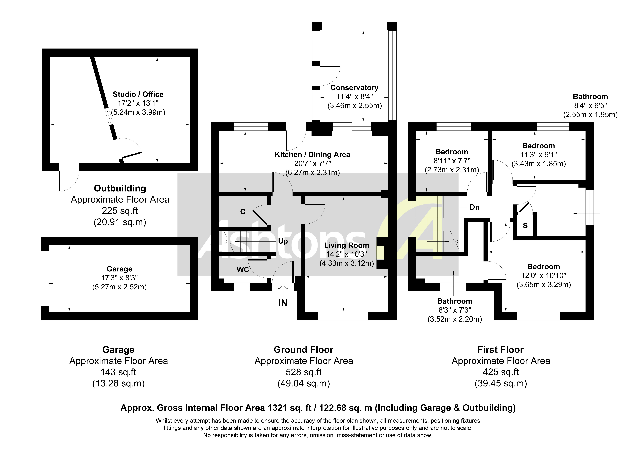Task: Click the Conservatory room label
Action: [x=354, y=88]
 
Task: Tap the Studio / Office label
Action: [x=138, y=94]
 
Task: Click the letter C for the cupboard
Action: [x=243, y=212]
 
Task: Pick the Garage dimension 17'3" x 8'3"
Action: [x=119, y=278]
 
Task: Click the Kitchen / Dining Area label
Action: [x=312, y=155]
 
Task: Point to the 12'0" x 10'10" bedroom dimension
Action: [x=543, y=275]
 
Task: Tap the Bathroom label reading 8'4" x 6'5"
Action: [x=590, y=97]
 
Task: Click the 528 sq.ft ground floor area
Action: [x=304, y=372]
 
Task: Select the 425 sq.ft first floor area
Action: [x=501, y=372]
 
